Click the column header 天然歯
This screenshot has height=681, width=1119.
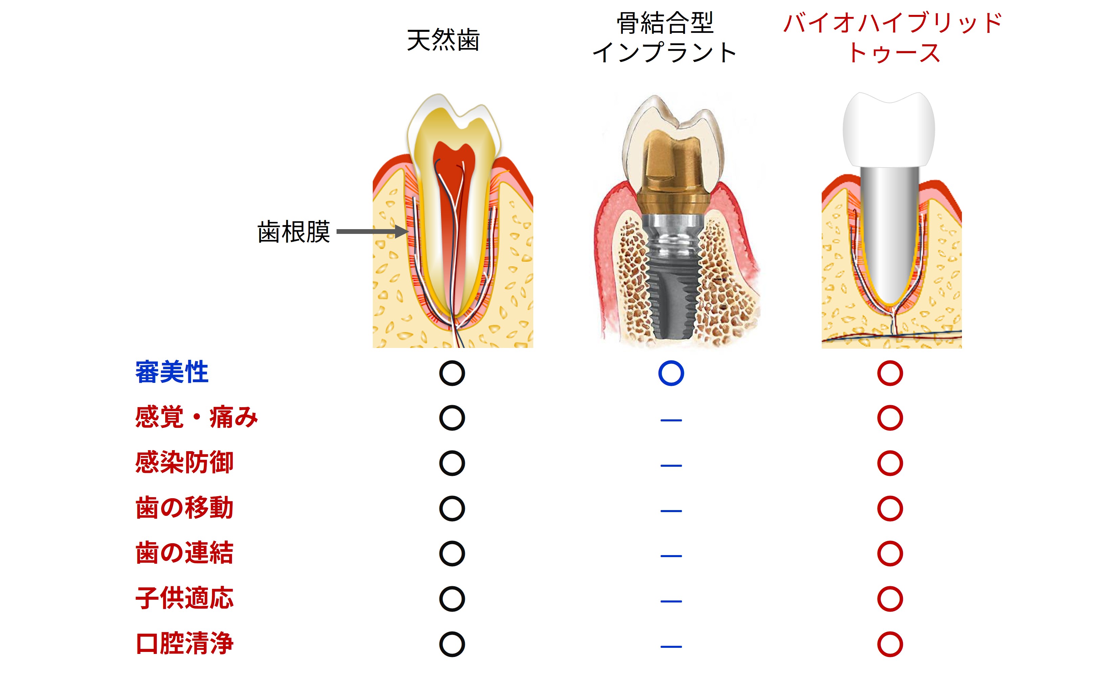click(443, 40)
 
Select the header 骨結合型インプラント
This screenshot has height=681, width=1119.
click(664, 37)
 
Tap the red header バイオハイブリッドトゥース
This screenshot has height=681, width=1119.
click(893, 37)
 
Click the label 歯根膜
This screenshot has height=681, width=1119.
click(293, 232)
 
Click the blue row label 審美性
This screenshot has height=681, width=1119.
click(172, 372)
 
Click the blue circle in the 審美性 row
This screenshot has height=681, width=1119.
click(671, 373)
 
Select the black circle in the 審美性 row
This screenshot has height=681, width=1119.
click(452, 373)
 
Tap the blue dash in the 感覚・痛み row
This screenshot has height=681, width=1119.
click(671, 420)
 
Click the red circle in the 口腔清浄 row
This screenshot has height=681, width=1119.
click(890, 644)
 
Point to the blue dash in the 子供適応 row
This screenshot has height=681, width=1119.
click(671, 601)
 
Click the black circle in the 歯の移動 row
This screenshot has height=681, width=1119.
click(452, 508)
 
